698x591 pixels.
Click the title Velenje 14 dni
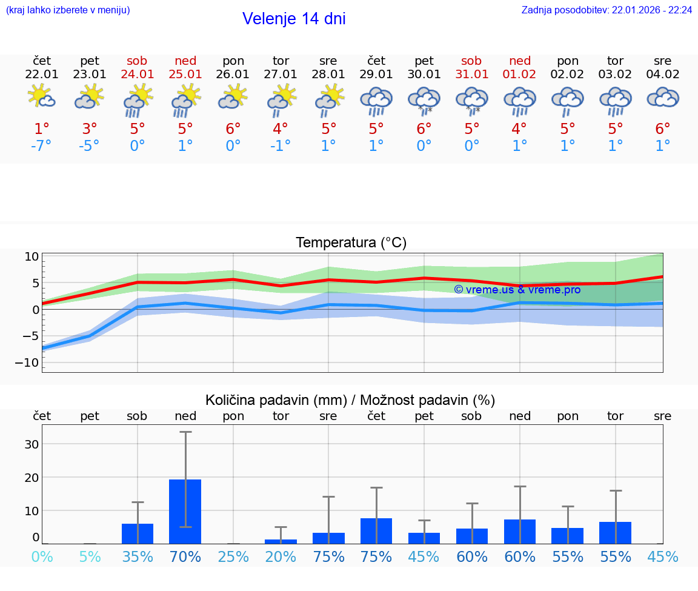(294, 19)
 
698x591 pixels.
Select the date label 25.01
(185, 75)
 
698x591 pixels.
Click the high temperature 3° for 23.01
(90, 129)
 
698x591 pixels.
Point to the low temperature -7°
(42, 146)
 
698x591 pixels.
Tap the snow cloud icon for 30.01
(424, 100)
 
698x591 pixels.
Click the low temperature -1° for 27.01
(281, 146)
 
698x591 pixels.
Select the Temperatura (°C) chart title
(351, 243)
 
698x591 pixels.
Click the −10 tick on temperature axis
(31, 362)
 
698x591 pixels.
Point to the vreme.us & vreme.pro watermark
(517, 290)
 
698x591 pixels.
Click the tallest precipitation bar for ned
(185, 511)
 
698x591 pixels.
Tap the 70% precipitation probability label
(185, 556)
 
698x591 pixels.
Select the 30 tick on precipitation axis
(32, 444)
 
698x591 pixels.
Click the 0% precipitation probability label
(42, 556)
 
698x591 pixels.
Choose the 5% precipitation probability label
(90, 556)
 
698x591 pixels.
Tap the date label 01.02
(519, 75)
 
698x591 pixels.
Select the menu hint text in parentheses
(68, 10)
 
